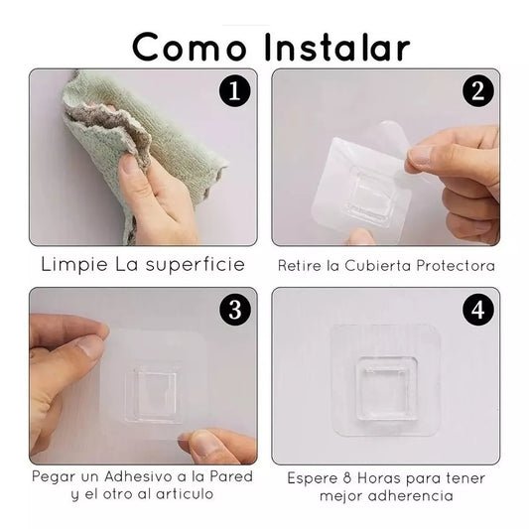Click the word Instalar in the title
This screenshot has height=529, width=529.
(x=336, y=47)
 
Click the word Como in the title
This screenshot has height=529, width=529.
(x=190, y=48)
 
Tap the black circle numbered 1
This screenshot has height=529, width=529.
(x=235, y=91)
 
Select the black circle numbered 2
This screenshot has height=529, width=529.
(x=478, y=91)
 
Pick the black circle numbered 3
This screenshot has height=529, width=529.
(x=235, y=310)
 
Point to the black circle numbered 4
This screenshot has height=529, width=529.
(x=478, y=310)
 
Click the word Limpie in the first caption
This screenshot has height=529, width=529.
(x=74, y=264)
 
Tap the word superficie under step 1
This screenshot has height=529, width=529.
(x=196, y=264)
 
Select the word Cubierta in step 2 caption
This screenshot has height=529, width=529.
(x=378, y=266)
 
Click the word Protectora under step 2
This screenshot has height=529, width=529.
(x=456, y=266)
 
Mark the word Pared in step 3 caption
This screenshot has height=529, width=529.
(x=231, y=476)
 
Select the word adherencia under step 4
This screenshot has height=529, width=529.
(x=410, y=496)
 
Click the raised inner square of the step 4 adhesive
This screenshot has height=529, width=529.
(x=387, y=389)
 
